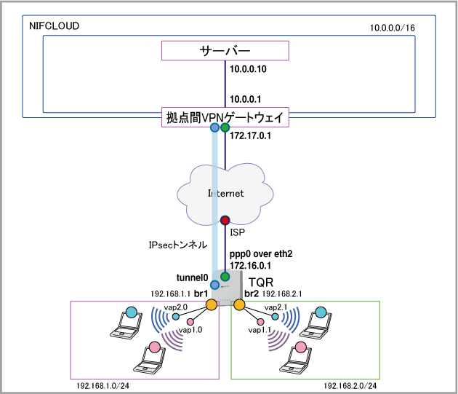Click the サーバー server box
point(225,51)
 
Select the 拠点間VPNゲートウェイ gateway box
point(225,117)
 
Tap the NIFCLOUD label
point(54,26)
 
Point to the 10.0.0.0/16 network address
point(393,28)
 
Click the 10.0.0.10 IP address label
point(248,69)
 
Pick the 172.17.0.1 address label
point(250,135)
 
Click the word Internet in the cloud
point(226,193)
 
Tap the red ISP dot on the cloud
point(225,220)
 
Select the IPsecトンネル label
point(178,245)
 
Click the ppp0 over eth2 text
point(261,253)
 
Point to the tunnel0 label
point(192,277)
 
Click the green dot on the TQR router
point(225,276)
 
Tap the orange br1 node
point(212,304)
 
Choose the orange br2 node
point(239,304)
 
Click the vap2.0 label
point(175,307)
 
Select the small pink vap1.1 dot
point(260,322)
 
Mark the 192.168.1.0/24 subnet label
point(103,386)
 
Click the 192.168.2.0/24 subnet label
point(350,386)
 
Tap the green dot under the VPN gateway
point(225,127)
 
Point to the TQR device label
point(261,283)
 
